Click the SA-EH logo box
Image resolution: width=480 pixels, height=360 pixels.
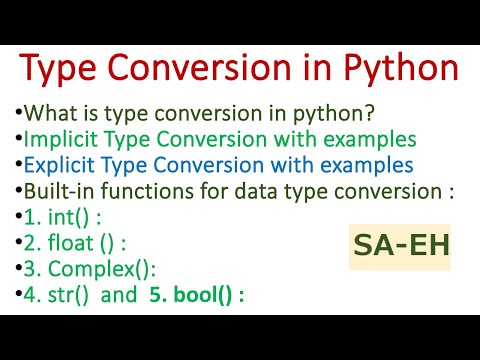399,243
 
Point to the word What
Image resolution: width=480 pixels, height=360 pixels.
50,112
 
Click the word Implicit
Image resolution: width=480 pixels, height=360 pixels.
61,138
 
